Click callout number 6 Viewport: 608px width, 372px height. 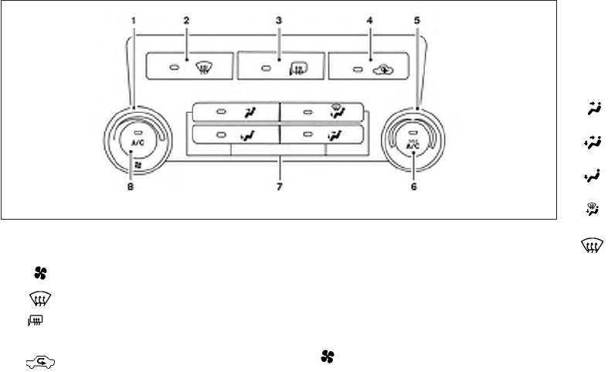tap(413, 186)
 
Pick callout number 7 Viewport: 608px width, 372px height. tap(280, 186)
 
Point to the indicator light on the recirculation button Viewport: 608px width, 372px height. tap(357, 68)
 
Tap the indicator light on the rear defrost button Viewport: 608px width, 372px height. tap(266, 69)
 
